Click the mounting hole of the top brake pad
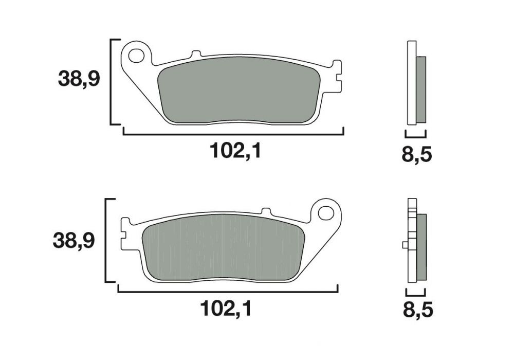136,56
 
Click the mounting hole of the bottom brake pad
326,213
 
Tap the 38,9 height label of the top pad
79,79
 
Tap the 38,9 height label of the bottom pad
74,240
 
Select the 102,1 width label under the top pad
235,151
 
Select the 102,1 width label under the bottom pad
226,309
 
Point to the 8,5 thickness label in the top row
417,155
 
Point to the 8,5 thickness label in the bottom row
418,310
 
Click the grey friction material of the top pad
238,91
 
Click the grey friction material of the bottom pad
224,247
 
